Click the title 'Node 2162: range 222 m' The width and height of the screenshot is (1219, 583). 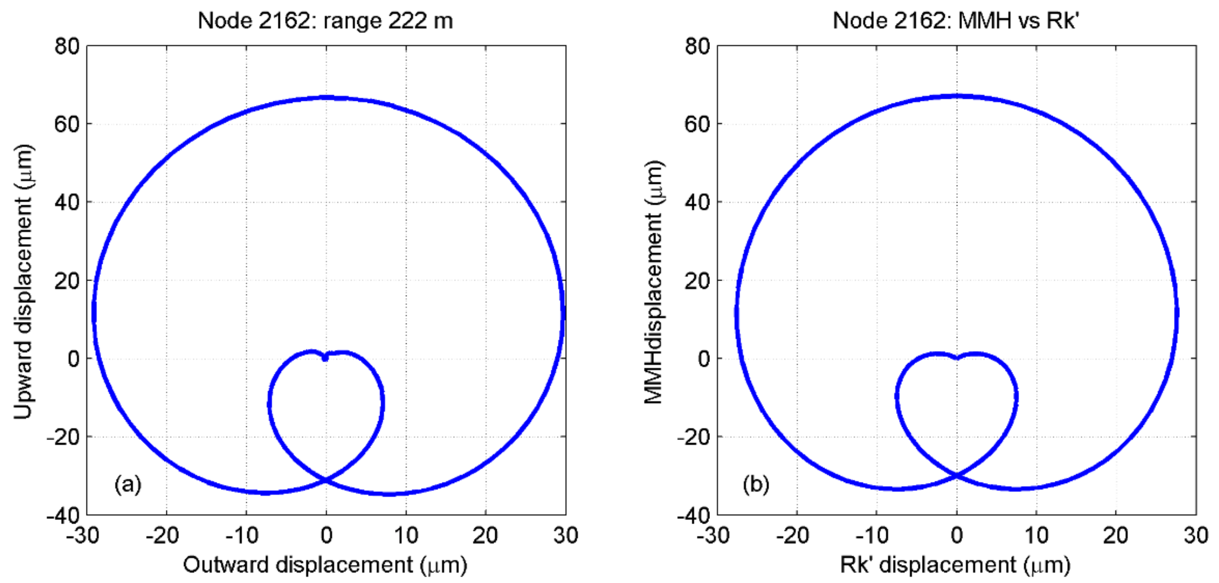tap(325, 21)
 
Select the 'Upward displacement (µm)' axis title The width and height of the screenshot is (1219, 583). tap(23, 281)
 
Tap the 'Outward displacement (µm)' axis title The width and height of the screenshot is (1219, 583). tap(325, 565)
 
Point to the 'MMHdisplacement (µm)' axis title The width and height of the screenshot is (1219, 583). tap(654, 281)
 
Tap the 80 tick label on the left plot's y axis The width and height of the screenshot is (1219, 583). tap(67, 46)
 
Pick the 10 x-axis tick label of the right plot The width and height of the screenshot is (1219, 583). tap(1036, 536)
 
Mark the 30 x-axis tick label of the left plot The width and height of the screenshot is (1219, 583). tap(565, 536)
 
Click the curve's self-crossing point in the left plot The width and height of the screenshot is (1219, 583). tap(326, 480)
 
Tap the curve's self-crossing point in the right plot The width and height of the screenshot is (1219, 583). tap(956, 475)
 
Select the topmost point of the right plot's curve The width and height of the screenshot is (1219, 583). tap(957, 96)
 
